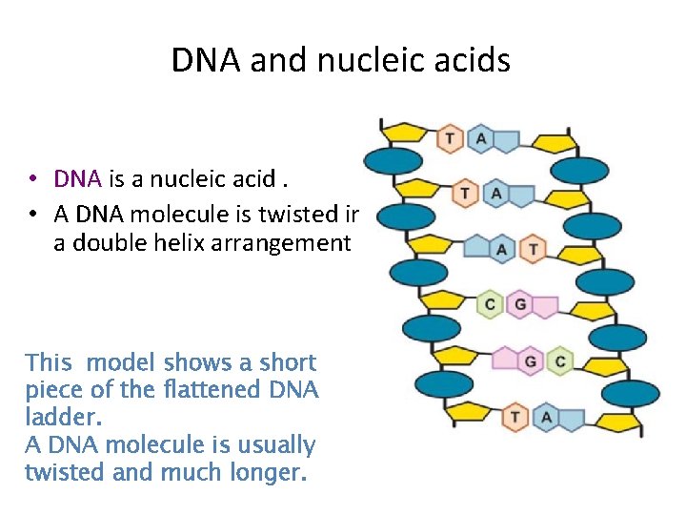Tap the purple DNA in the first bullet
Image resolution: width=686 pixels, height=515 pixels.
[x=79, y=178]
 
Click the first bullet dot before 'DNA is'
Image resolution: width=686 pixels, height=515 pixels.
[x=33, y=179]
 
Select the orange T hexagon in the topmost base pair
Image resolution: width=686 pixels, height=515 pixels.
[x=451, y=139]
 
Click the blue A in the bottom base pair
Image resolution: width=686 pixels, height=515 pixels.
[x=546, y=417]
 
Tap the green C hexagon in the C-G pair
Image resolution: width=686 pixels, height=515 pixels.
[x=490, y=305]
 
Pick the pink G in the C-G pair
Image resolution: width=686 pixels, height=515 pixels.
[x=519, y=305]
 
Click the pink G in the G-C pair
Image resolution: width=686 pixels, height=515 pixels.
[x=531, y=361]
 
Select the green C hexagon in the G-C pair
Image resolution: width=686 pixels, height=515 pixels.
[x=560, y=361]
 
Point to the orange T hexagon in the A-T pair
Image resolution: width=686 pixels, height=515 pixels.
[x=533, y=250]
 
